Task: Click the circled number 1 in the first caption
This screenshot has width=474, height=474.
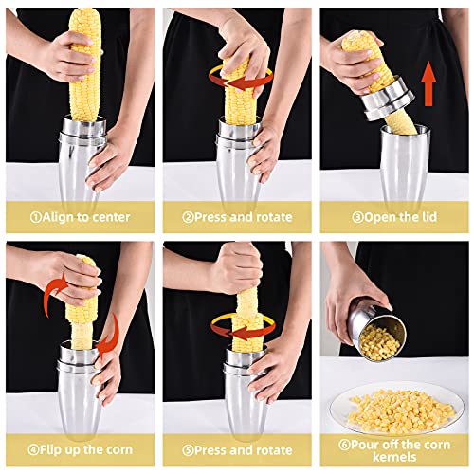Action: pos(36,217)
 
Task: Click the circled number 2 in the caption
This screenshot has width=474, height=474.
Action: pos(188,217)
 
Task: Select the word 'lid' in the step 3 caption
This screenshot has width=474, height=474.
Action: pos(428,217)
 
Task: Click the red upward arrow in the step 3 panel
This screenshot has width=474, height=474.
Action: pos(428,83)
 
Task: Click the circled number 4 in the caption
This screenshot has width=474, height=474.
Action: pos(33,450)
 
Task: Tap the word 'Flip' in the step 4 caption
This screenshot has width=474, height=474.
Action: pos(50,450)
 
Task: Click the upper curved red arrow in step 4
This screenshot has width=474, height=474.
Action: pos(54,292)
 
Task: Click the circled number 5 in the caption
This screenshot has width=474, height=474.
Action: pos(188,450)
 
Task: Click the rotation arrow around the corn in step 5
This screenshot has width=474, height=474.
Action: pos(244,329)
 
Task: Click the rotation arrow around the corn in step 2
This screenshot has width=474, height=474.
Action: pos(241,79)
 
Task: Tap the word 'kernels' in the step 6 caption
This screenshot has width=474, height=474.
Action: pos(394,457)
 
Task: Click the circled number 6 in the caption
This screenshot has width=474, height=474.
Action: pos(344,445)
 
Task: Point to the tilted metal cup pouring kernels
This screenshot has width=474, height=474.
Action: pos(376,333)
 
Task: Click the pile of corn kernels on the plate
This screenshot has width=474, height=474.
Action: pos(401,410)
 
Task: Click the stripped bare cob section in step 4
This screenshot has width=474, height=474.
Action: pos(82,334)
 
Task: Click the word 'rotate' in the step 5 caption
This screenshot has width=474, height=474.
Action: pos(274,450)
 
